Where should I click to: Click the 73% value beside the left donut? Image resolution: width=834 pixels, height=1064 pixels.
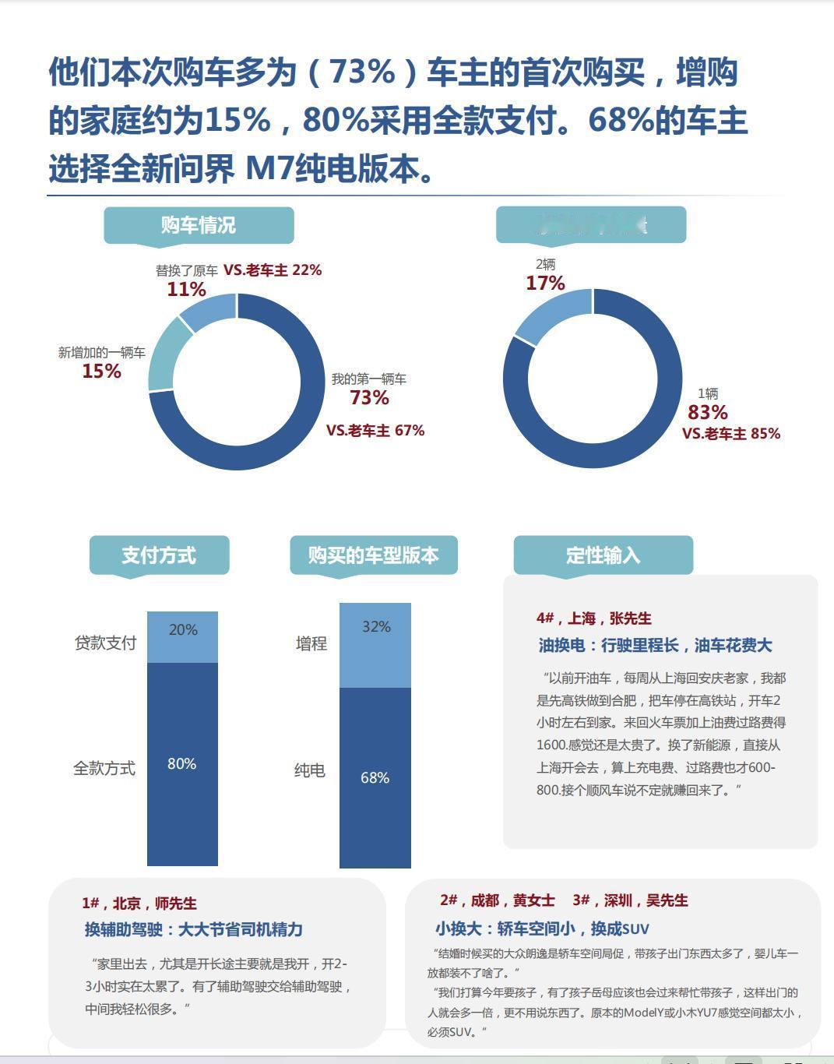[369, 398]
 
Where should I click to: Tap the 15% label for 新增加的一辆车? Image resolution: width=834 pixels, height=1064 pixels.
[102, 372]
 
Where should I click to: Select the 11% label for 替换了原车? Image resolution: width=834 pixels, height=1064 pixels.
[186, 290]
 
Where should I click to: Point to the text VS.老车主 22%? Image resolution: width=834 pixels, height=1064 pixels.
[273, 270]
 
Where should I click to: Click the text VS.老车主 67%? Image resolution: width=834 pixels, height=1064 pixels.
[375, 431]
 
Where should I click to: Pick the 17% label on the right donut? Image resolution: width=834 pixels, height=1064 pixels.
[545, 284]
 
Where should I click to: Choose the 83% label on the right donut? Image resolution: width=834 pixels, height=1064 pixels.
[707, 412]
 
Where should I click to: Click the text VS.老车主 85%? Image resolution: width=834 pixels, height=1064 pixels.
[731, 434]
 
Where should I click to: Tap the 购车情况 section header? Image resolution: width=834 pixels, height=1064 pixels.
[199, 225]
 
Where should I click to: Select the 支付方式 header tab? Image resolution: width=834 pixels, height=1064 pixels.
[159, 555]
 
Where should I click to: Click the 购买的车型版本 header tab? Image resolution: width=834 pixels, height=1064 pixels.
[373, 555]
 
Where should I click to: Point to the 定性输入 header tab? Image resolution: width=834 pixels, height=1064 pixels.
[603, 555]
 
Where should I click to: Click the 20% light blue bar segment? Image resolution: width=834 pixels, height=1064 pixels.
[182, 636]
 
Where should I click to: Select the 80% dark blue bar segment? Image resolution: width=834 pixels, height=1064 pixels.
[182, 763]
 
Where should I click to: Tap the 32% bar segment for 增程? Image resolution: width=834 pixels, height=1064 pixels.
[375, 645]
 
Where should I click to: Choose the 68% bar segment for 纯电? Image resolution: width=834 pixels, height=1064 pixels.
[375, 777]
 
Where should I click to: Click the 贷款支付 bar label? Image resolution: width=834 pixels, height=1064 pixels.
[105, 643]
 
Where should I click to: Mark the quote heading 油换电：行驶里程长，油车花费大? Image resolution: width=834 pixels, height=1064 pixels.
[655, 646]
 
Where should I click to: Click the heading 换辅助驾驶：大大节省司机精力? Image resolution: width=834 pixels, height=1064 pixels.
[194, 929]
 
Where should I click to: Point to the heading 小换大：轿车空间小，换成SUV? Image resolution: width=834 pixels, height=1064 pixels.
[542, 928]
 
